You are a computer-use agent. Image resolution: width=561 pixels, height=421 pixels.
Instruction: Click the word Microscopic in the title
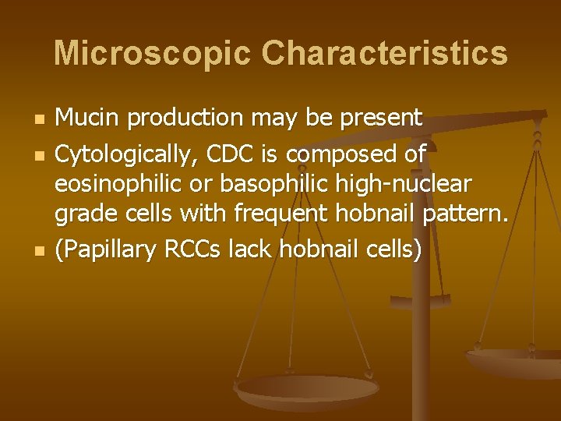click(x=152, y=54)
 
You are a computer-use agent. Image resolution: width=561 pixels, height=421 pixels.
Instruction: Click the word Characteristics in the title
click(x=384, y=54)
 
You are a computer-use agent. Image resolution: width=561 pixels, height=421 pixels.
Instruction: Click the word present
click(x=383, y=119)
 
